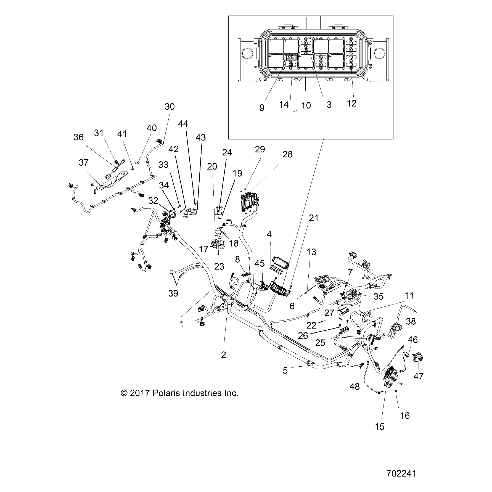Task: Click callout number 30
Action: (x=170, y=107)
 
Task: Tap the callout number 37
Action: (x=83, y=162)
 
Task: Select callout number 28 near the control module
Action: (x=287, y=154)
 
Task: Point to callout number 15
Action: (x=380, y=427)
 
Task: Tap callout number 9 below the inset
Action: (x=262, y=108)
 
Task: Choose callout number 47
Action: (x=419, y=376)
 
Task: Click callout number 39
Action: (x=173, y=293)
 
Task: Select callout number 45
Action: (x=259, y=263)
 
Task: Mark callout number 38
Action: (x=411, y=321)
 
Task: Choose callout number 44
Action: (x=183, y=124)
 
